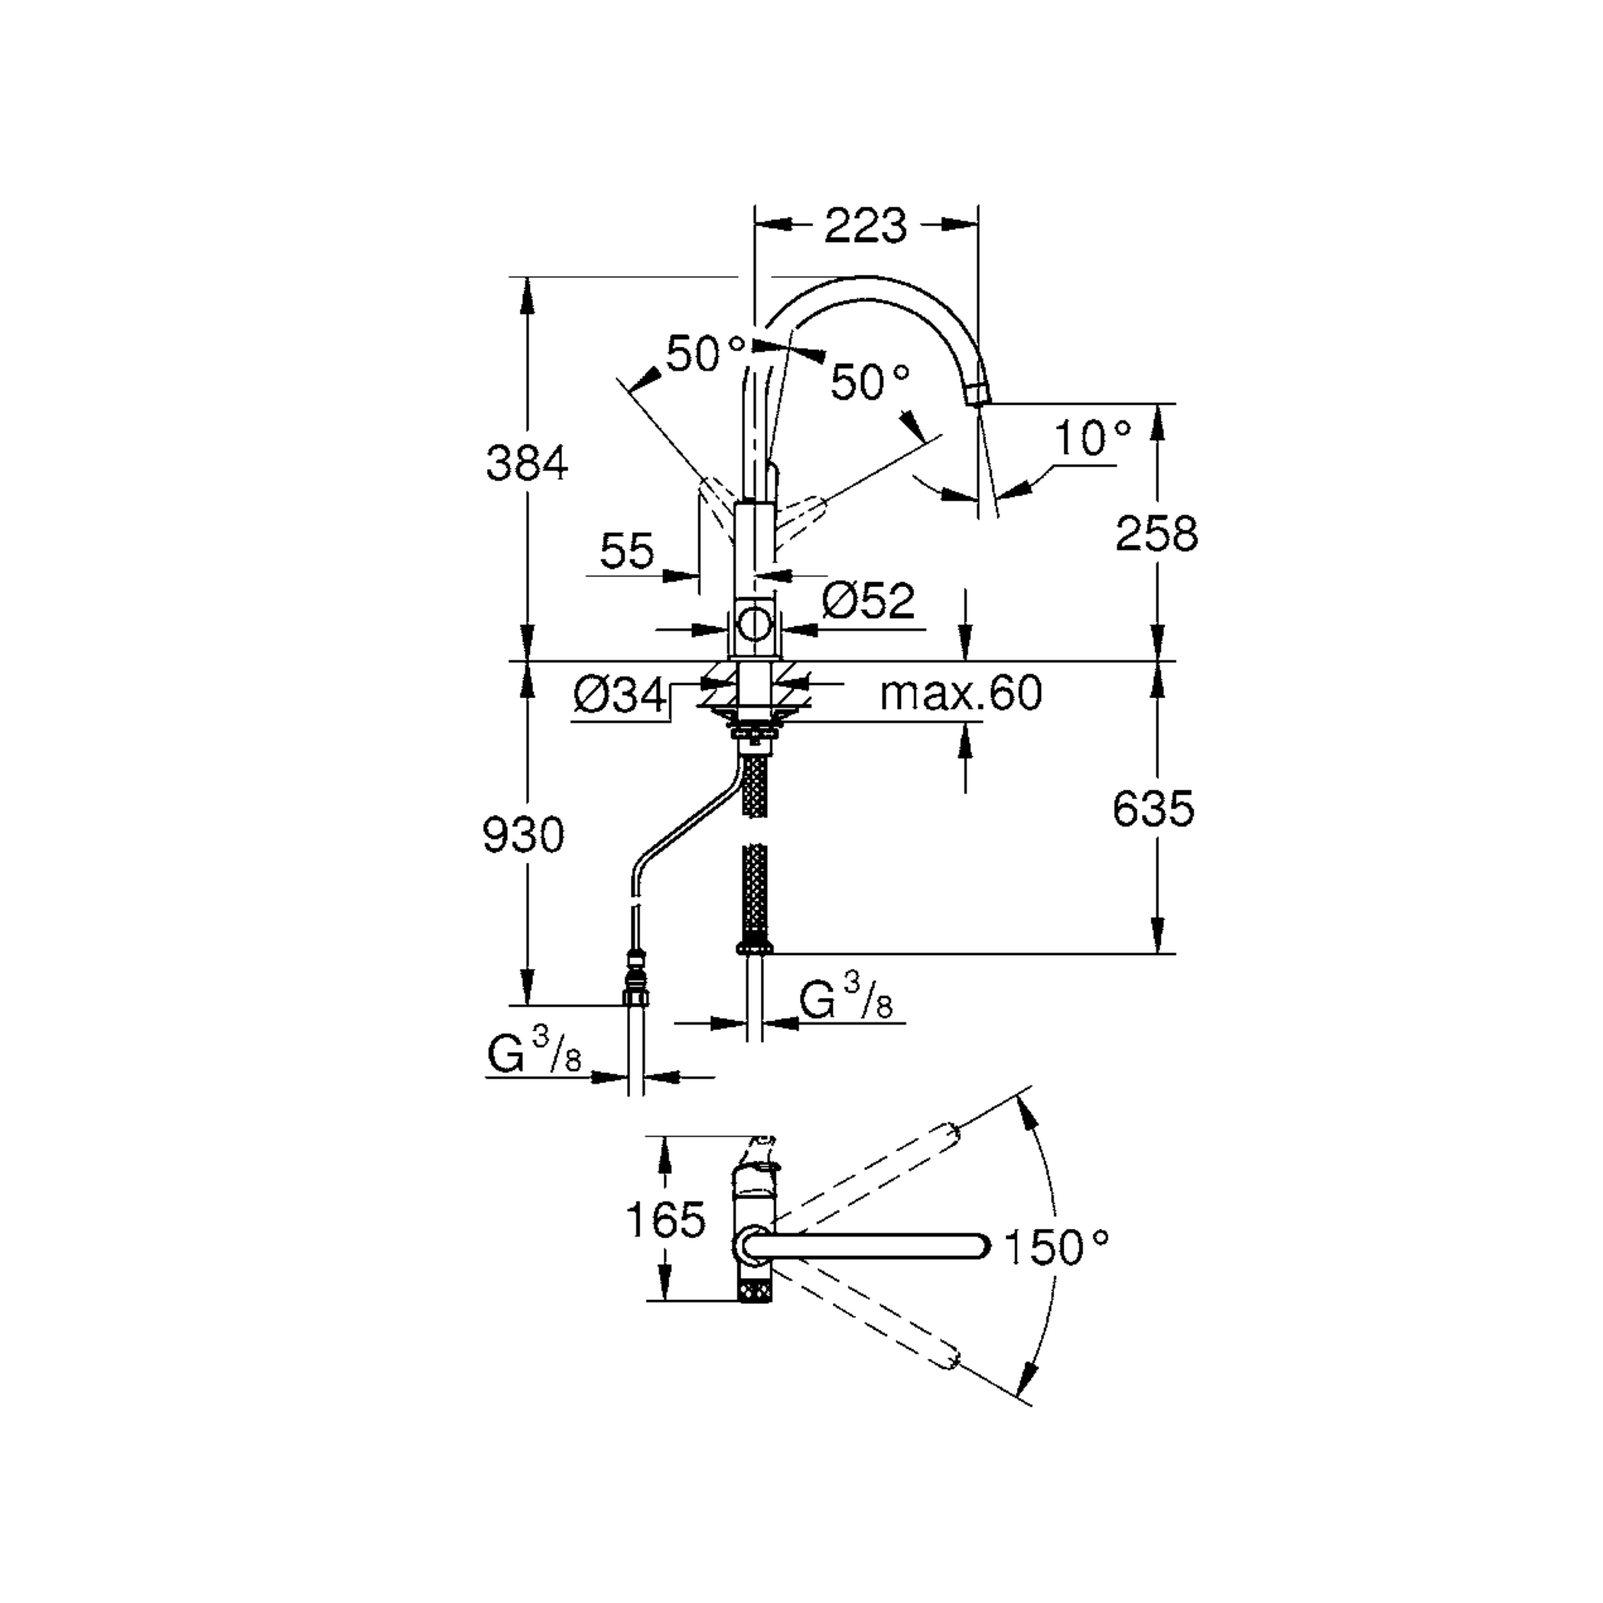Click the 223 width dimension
(x=866, y=225)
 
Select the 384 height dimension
(x=527, y=464)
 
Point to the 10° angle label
(x=1092, y=438)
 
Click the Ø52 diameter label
(x=869, y=600)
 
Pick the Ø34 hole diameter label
(x=619, y=694)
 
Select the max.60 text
(x=960, y=693)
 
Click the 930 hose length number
(x=523, y=834)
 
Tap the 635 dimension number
(x=1152, y=808)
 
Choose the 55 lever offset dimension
(x=626, y=551)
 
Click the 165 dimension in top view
(x=665, y=1219)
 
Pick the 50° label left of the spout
(x=704, y=355)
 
